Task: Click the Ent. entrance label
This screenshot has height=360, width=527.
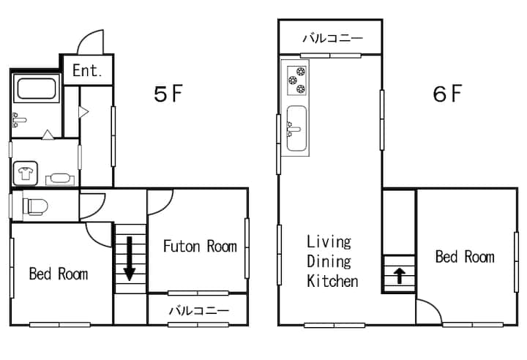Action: [x=87, y=70]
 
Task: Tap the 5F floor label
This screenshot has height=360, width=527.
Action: [x=168, y=94]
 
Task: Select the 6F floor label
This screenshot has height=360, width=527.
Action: [x=447, y=94]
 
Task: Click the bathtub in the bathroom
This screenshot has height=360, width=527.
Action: [x=36, y=89]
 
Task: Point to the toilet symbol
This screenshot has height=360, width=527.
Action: [x=35, y=206]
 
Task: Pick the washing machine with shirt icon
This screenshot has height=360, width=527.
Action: [x=25, y=173]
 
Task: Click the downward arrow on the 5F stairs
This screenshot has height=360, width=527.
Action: [x=130, y=258]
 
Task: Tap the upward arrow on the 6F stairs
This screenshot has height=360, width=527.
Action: [x=400, y=275]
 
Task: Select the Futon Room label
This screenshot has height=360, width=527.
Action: [x=200, y=246]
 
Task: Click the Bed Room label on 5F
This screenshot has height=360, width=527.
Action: [x=59, y=274]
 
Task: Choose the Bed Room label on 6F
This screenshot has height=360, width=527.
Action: [x=465, y=257]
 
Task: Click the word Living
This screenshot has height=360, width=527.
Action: [x=329, y=242]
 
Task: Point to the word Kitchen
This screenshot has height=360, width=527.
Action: [x=332, y=281]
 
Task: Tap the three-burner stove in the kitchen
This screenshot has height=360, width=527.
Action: [x=297, y=80]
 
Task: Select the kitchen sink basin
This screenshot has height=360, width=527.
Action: [x=296, y=128]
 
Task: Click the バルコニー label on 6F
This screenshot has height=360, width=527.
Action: [x=333, y=38]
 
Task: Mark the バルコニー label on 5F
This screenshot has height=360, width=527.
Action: [x=198, y=310]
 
